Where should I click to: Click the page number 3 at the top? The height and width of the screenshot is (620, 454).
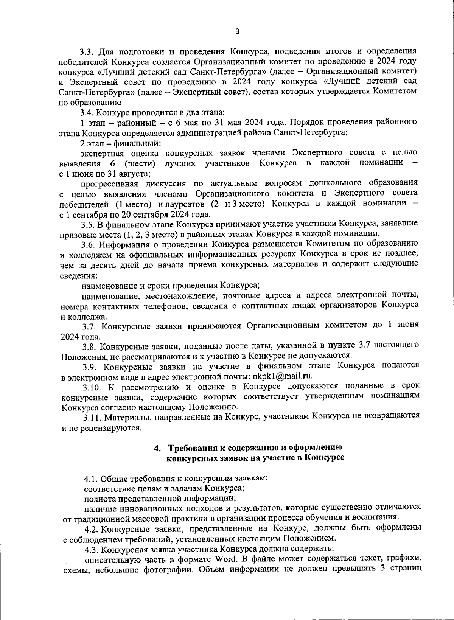coord(237,31)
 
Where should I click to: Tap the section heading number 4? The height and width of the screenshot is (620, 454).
coord(157,448)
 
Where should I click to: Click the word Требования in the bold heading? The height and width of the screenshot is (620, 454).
coord(192,448)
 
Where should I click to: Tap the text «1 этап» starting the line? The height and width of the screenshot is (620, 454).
coord(90,122)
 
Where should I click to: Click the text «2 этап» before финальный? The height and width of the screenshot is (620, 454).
coord(90,143)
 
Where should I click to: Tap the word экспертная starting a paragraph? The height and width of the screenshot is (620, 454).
coord(101,153)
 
